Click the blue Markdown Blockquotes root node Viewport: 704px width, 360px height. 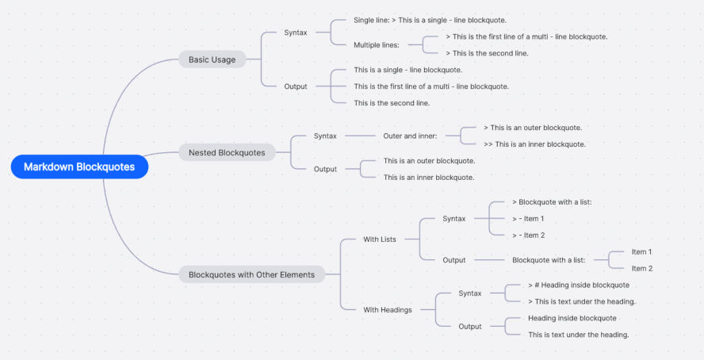click(x=79, y=167)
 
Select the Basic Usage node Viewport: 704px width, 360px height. click(x=212, y=59)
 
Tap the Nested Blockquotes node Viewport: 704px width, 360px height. click(x=227, y=152)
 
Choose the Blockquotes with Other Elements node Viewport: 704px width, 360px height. click(x=251, y=275)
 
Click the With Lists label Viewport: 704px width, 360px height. click(x=379, y=239)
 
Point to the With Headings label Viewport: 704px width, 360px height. click(x=387, y=309)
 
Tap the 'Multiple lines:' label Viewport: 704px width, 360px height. click(x=377, y=45)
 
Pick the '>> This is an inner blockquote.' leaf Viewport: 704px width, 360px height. click(x=534, y=144)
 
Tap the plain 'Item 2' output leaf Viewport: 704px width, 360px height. click(x=641, y=269)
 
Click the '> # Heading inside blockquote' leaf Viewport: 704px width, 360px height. click(x=579, y=285)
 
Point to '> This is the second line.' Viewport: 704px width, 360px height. click(x=487, y=53)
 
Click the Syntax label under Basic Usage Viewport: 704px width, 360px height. click(x=296, y=33)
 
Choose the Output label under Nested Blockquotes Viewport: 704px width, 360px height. click(x=325, y=169)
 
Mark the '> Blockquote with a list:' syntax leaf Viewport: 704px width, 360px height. click(x=552, y=202)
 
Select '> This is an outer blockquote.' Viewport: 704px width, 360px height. click(x=533, y=128)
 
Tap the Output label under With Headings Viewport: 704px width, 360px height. click(x=470, y=327)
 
